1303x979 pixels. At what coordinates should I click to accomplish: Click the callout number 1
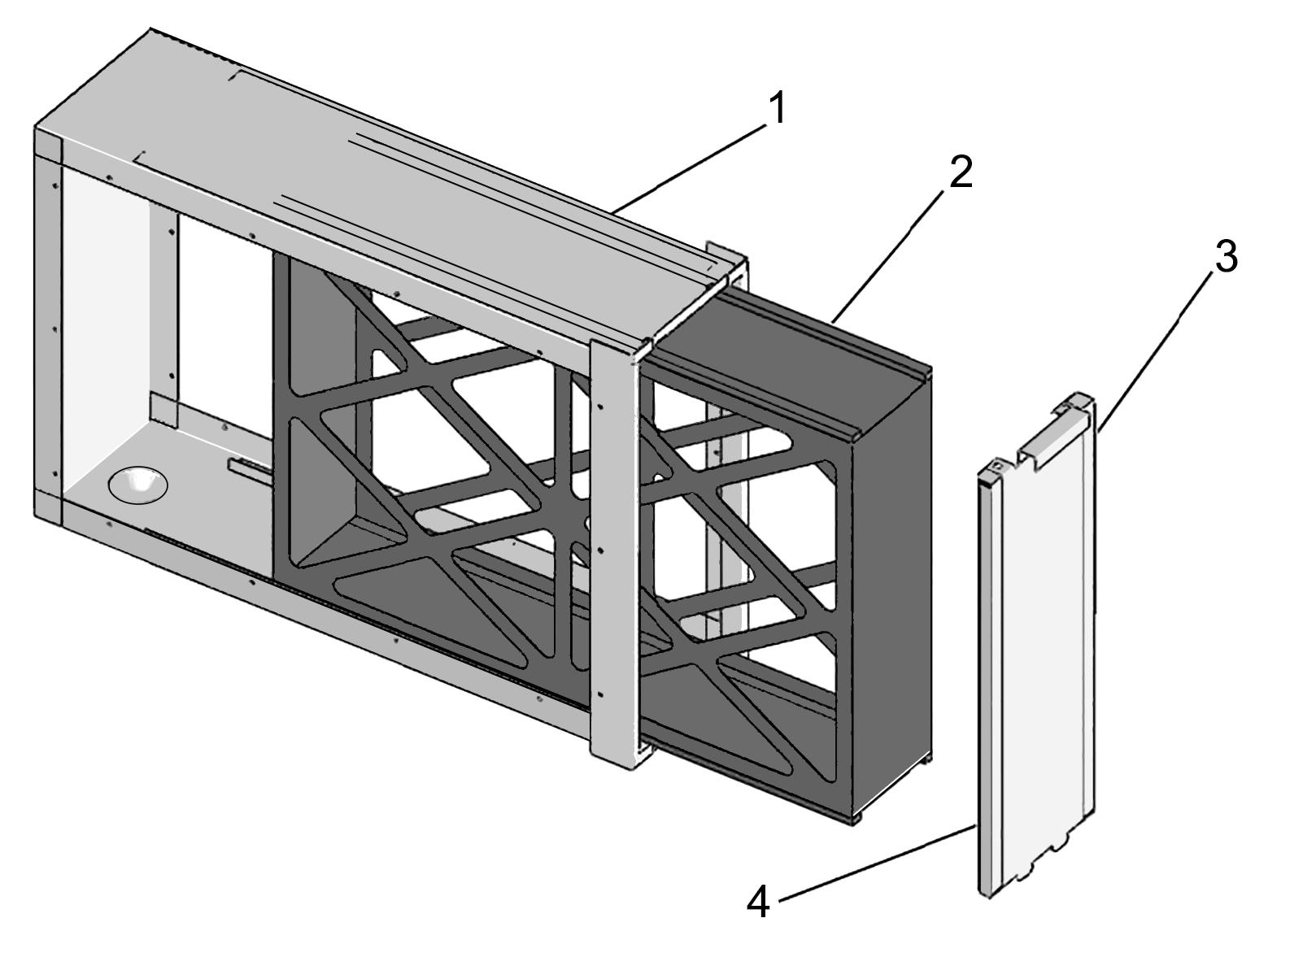pyautogui.click(x=778, y=109)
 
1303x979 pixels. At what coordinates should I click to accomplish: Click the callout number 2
pyautogui.click(x=961, y=173)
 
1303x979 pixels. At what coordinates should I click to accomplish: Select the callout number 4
pyautogui.click(x=758, y=903)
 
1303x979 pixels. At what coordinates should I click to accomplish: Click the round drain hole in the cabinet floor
pyautogui.click(x=137, y=485)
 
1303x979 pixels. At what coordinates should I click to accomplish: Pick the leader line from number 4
pyautogui.click(x=878, y=862)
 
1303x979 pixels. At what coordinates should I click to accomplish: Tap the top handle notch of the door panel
pyautogui.click(x=1049, y=444)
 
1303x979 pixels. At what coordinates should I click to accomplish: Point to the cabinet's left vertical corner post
pyautogui.click(x=47, y=325)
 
